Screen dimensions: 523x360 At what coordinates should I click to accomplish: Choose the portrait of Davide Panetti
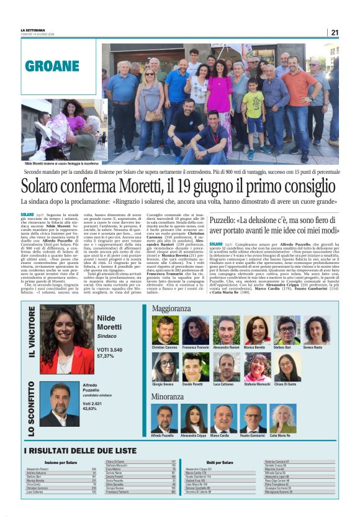tap(196, 368)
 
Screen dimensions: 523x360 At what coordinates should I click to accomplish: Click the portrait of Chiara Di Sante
tap(287, 368)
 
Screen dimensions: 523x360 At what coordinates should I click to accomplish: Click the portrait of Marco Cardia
tap(225, 417)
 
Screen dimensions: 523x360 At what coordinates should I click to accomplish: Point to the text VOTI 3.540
tap(110, 350)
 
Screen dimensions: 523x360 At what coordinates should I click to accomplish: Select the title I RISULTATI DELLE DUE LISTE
tap(80, 451)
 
